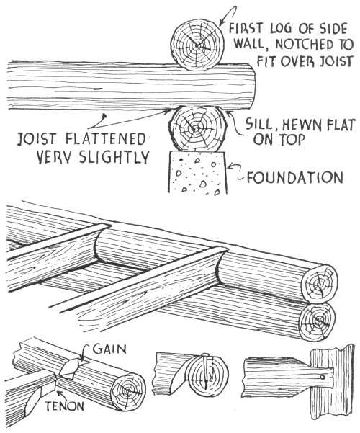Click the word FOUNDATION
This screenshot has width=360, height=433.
point(295,177)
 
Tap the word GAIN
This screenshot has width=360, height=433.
point(109,349)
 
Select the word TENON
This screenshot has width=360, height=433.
point(64,406)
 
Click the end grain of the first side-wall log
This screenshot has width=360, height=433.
point(197,45)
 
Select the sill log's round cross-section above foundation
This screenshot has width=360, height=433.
point(198,128)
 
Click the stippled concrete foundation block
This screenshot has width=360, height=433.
point(198,172)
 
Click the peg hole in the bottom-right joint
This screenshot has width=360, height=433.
point(322,377)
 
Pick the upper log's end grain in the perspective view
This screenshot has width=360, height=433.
point(320,284)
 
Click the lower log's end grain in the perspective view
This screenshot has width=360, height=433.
point(318,322)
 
